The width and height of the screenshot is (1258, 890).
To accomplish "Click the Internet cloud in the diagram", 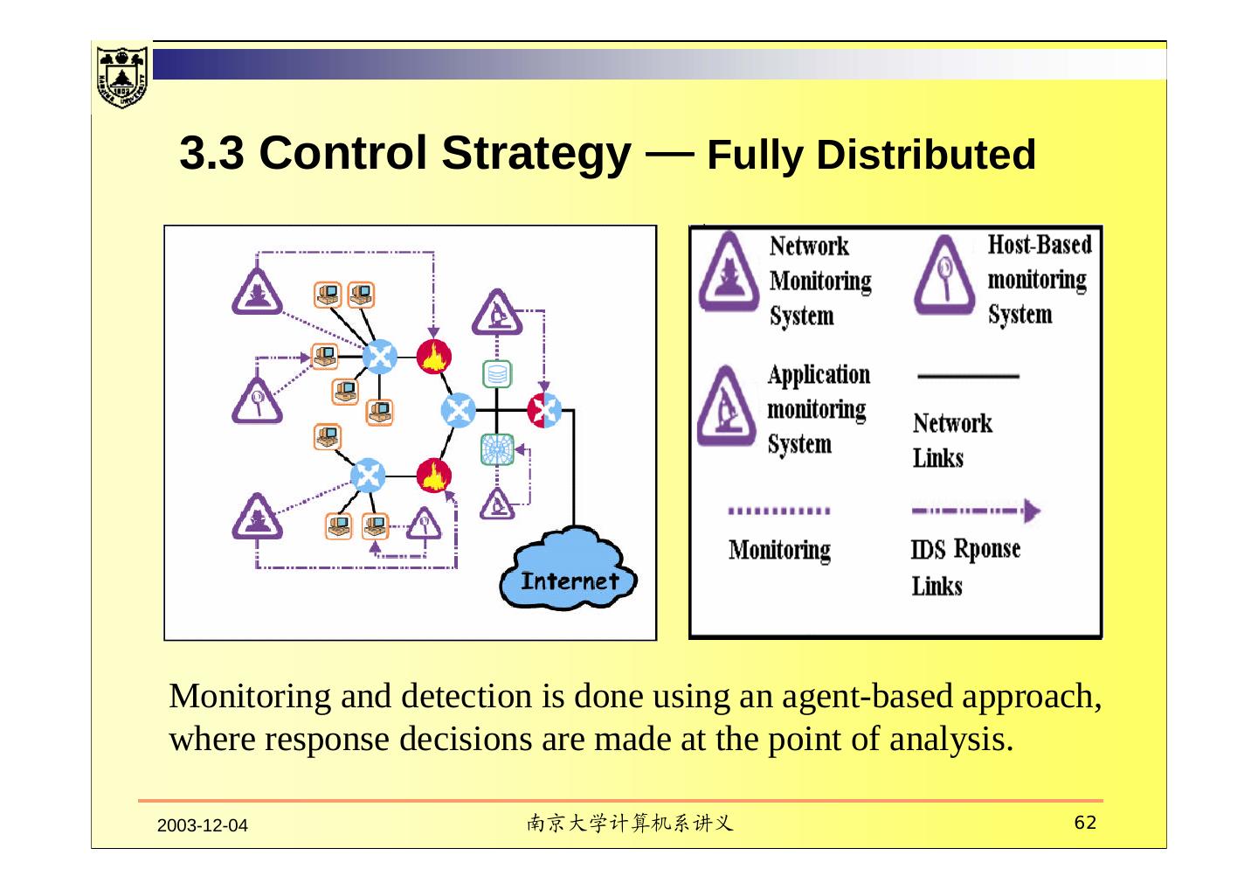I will (x=568, y=569).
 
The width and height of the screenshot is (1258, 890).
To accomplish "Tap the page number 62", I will (x=1084, y=823).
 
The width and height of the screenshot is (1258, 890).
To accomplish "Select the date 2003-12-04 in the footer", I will (x=202, y=825).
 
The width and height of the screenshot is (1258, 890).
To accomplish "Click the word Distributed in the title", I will (x=925, y=155).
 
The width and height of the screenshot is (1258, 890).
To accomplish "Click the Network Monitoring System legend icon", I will (x=725, y=274).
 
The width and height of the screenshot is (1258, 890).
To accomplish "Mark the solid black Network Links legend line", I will (x=968, y=377).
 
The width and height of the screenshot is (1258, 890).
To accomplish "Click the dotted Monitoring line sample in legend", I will (x=778, y=511).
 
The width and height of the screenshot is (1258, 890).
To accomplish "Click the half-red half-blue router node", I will (x=543, y=409).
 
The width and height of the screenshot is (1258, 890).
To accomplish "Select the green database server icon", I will (x=497, y=374).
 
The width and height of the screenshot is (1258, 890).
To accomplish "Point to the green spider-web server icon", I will (x=497, y=449).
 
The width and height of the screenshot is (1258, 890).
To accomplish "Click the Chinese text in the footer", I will (x=630, y=823).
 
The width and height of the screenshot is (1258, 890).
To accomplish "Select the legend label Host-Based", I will (x=1040, y=245).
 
